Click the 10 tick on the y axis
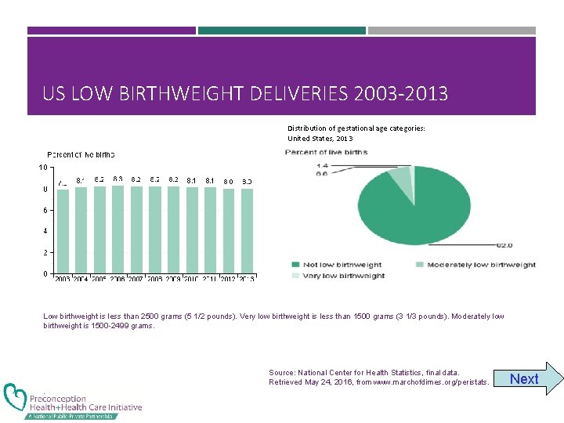[44, 167]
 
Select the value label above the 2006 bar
[117, 179]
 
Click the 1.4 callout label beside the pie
[322, 165]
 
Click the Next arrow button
[533, 379]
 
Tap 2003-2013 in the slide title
[400, 95]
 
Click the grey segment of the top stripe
[452, 31]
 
